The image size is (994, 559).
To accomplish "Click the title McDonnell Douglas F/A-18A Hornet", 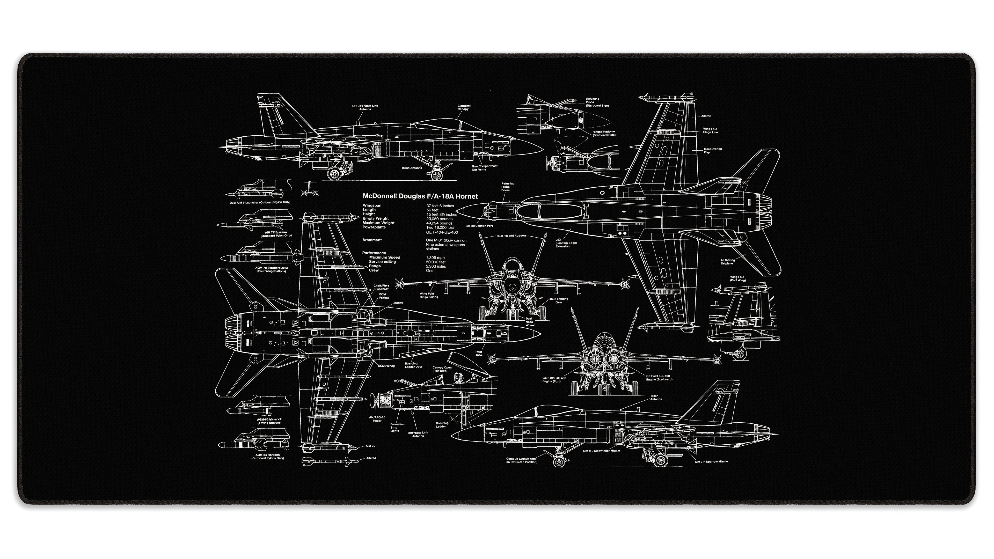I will [420, 196].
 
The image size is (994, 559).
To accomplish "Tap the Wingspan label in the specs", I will [372, 206].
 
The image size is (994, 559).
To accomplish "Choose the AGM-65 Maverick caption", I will [269, 421].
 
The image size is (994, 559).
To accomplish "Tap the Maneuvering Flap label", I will [712, 150].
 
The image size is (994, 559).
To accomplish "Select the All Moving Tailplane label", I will [727, 262].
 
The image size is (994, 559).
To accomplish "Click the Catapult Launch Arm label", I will [521, 460].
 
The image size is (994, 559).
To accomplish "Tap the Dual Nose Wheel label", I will [529, 322].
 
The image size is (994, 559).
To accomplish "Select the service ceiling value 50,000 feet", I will [436, 262].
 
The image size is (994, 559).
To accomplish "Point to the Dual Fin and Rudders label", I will [511, 236].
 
